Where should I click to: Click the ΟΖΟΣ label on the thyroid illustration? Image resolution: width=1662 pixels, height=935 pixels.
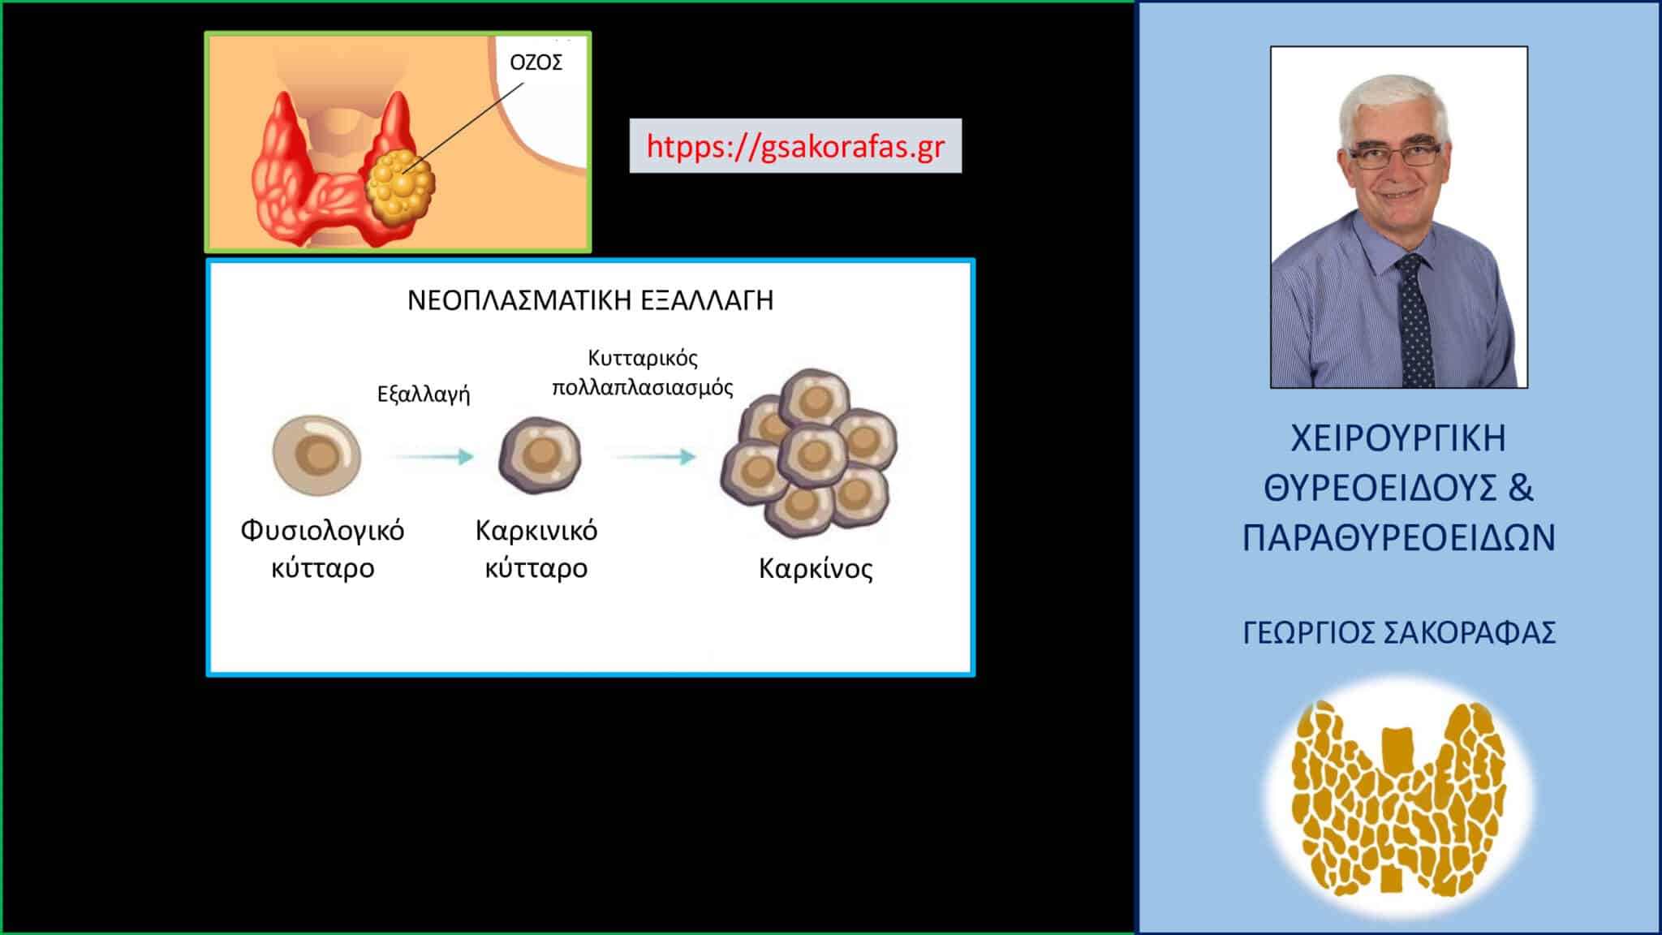coord(536,62)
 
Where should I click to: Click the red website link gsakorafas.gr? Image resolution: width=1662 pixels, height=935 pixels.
coord(795,147)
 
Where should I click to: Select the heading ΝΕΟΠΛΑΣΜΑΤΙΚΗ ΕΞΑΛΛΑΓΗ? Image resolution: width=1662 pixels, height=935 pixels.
coord(590,300)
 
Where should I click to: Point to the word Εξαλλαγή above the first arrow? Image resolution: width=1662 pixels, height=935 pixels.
coord(424,394)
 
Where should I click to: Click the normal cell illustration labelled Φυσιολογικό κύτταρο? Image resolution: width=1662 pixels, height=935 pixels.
coord(316,455)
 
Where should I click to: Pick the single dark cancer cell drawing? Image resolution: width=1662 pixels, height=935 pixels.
coord(540,455)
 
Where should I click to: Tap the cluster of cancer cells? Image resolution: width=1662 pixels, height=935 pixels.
coord(809,453)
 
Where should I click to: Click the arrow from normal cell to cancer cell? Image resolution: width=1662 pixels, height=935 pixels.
coord(433,456)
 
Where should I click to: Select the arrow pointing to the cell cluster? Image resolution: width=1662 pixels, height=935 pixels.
coord(654,456)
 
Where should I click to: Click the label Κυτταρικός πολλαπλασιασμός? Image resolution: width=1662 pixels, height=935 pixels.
coord(643,373)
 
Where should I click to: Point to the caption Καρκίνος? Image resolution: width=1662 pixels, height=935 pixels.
coord(816,568)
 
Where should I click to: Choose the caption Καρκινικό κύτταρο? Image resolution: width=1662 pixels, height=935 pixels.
coord(536,549)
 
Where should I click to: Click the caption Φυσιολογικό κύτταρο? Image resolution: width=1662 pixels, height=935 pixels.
coord(322,549)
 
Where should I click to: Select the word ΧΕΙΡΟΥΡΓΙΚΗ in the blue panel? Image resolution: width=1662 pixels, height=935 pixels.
coord(1398,438)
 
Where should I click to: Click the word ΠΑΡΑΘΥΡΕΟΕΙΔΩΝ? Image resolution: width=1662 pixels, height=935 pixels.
coord(1399,538)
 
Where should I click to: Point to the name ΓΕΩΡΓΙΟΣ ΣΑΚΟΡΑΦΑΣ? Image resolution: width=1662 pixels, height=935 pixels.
coord(1399,633)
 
